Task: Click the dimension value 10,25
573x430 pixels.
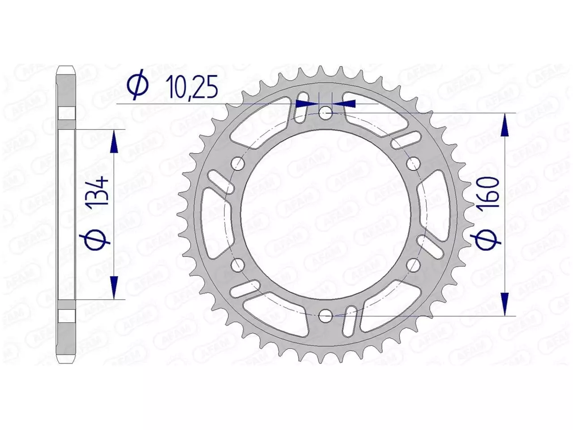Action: [x=191, y=86]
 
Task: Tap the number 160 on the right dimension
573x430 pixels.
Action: [x=491, y=192]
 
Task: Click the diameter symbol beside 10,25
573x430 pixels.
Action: [x=137, y=86]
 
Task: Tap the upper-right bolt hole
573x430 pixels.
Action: [x=413, y=164]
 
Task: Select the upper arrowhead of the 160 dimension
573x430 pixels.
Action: [x=505, y=125]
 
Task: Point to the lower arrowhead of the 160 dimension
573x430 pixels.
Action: [x=505, y=304]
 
